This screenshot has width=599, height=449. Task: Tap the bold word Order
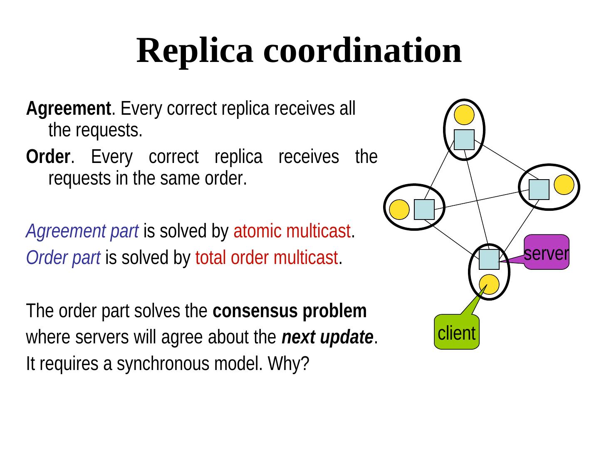47,157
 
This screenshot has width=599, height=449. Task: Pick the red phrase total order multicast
266,259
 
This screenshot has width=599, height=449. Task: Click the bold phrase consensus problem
290,311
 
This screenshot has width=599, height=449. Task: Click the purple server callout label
546,253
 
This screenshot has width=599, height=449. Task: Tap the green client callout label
456,333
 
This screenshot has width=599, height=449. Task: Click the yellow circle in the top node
464,114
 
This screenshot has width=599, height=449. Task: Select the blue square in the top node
464,140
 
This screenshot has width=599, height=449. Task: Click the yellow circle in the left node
399,210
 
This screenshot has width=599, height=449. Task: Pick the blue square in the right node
539,190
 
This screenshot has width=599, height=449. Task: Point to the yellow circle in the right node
564,185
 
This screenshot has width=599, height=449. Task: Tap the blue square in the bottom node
489,259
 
